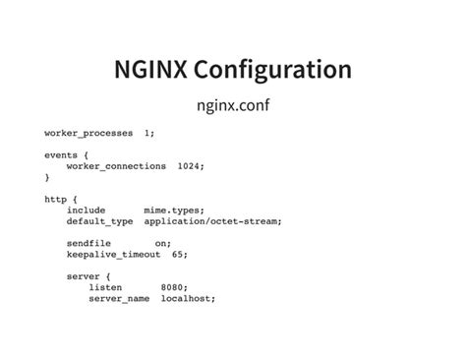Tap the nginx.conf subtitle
point(233,103)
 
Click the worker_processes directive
point(88,132)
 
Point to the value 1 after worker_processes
point(149,132)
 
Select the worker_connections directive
point(116,166)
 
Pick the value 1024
point(191,166)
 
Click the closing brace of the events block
point(47,177)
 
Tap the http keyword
point(55,200)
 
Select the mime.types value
point(174,210)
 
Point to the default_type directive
point(99,221)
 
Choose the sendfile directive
point(88,243)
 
